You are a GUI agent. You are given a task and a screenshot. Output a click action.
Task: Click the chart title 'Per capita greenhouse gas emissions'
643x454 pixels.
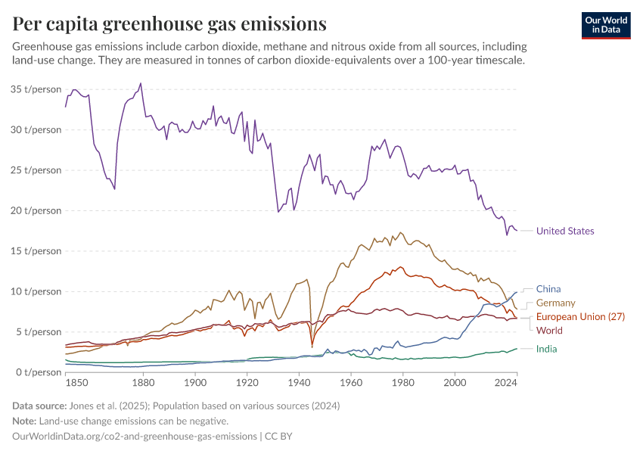click(169, 24)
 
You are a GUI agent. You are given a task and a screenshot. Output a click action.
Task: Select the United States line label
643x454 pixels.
click(564, 232)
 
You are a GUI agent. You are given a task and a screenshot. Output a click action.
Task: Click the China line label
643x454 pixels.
click(548, 289)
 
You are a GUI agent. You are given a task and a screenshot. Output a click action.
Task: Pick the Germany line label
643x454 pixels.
click(555, 303)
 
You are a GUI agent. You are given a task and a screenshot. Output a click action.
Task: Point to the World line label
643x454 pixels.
click(549, 331)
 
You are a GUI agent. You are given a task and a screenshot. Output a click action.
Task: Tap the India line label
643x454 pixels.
click(547, 349)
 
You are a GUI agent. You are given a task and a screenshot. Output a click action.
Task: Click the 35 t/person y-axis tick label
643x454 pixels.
click(36, 89)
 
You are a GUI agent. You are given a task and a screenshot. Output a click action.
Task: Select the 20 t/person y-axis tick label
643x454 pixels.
click(36, 210)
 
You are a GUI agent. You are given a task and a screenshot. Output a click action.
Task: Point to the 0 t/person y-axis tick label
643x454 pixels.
click(39, 372)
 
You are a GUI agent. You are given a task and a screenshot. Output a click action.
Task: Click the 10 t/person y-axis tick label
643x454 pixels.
click(36, 291)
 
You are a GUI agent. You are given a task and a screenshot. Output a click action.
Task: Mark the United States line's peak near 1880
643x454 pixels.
click(141, 83)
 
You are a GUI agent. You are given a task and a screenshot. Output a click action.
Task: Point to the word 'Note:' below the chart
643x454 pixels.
click(26, 421)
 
